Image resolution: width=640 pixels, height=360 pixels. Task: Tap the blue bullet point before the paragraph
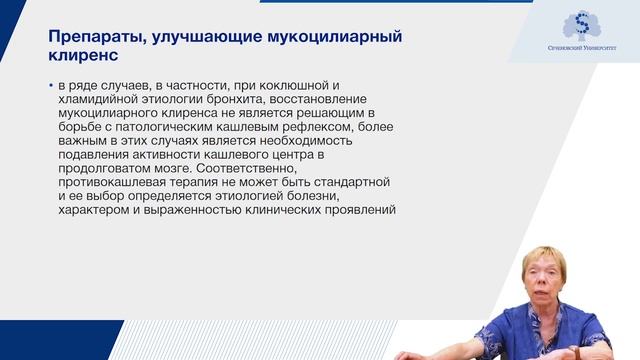51,87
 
